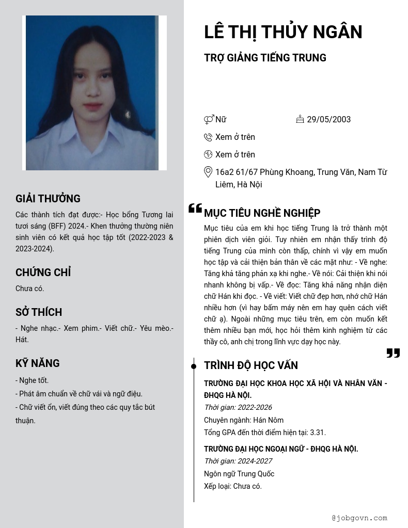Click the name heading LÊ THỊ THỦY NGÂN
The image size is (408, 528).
point(283,32)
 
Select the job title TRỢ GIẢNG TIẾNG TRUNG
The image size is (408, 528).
point(265,58)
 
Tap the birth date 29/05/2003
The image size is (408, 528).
point(328,120)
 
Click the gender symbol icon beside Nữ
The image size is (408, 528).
point(209,120)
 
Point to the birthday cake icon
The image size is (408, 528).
point(300,119)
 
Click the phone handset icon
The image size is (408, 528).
point(208,137)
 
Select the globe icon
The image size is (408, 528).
point(208,154)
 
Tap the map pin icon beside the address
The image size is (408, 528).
point(208,172)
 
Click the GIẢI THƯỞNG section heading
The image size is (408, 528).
point(48,199)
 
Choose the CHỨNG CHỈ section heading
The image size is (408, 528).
point(43,273)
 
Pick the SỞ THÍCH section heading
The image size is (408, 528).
point(39,312)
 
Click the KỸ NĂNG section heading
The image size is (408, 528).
point(38,363)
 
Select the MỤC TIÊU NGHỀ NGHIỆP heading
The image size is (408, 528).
point(262,213)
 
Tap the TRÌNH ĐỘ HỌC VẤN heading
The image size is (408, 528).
point(251,365)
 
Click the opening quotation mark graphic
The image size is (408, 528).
point(195,209)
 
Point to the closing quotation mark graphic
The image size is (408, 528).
point(393,353)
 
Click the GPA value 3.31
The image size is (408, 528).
point(317,433)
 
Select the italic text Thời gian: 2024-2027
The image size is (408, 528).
point(238,461)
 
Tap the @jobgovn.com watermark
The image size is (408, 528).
point(359,518)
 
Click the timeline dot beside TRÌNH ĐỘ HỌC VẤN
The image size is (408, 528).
point(194,366)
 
